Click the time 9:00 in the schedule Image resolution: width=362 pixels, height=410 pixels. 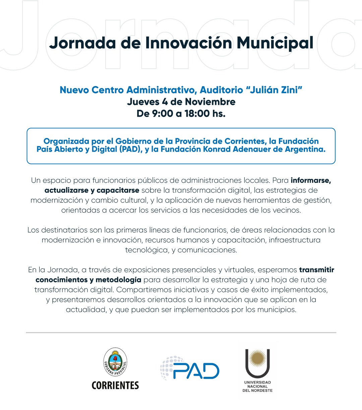pos(162,114)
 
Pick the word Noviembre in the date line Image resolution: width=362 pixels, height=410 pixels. pos(210,102)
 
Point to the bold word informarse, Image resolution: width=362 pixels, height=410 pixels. pos(311,181)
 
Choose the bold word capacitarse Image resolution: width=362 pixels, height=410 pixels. pos(118,191)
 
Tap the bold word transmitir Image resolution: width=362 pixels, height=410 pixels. pos(316,270)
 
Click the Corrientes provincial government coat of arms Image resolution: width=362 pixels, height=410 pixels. pos(115,362)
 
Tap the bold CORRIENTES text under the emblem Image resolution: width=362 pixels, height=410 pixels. pos(115,385)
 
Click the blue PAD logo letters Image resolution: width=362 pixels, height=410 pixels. pos(196,371)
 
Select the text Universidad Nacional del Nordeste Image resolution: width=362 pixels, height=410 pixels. pos(257,386)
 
